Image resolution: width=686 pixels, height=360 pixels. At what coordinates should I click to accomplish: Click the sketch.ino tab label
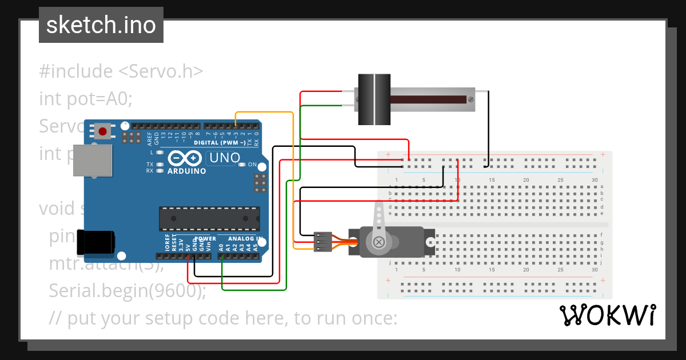101,25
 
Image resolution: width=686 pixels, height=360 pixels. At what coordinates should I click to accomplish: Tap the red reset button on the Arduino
103,131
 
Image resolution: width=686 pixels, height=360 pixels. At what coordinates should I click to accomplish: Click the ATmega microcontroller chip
209,219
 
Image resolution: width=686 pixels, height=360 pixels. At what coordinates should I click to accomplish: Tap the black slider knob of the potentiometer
373,99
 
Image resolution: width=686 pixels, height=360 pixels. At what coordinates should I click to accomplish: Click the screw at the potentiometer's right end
471,99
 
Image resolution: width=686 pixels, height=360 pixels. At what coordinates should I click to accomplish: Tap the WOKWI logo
608,315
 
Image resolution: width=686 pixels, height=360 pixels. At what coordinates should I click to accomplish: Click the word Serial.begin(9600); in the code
127,291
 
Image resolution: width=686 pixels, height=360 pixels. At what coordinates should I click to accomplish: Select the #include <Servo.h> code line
121,71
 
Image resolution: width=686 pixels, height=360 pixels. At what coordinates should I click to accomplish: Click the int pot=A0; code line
86,98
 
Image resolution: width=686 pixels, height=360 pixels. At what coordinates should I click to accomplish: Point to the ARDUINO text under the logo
186,170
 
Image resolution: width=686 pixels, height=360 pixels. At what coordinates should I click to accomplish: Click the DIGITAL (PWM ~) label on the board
220,143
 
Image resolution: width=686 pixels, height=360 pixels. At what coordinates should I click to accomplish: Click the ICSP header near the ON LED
260,183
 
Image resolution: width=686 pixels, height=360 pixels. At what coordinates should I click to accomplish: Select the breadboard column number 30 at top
595,180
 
